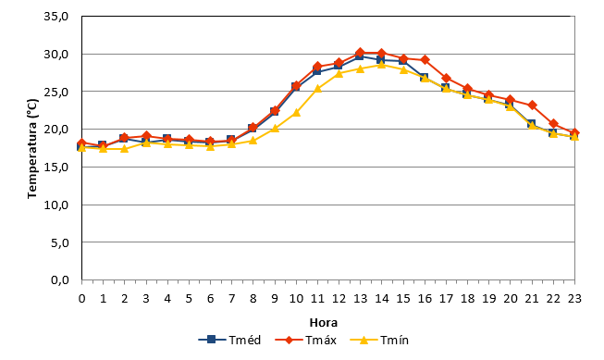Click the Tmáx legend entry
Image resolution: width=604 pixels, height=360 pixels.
tap(306, 340)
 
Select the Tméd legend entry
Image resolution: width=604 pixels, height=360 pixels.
tap(229, 340)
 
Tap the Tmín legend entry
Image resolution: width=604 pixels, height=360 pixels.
tap(379, 340)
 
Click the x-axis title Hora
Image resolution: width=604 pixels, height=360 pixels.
tap(324, 322)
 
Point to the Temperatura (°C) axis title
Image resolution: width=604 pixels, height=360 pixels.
tap(32, 149)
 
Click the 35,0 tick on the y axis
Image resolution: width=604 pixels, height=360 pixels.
tap(56, 17)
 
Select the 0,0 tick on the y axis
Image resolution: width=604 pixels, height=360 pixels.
tap(60, 279)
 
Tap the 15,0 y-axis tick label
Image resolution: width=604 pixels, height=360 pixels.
tap(56, 167)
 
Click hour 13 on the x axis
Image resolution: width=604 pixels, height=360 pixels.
tap(360, 299)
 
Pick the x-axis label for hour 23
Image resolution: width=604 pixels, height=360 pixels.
tap(574, 299)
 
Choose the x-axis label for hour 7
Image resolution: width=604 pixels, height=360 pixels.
tap(231, 299)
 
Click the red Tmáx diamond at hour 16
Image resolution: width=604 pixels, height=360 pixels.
tap(425, 60)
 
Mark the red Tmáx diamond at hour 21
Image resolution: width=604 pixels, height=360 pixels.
tap(533, 105)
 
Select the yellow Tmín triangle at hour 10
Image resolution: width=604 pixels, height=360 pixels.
tap(296, 113)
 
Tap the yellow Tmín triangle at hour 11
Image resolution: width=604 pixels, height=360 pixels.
tap(317, 89)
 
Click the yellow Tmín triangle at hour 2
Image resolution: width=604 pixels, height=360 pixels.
tap(125, 148)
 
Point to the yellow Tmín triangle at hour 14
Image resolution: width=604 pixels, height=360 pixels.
tap(382, 65)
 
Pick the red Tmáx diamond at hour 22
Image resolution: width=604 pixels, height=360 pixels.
tap(553, 124)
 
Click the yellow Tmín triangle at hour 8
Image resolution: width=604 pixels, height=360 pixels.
tap(253, 141)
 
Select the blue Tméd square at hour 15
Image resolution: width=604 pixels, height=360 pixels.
tap(403, 61)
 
